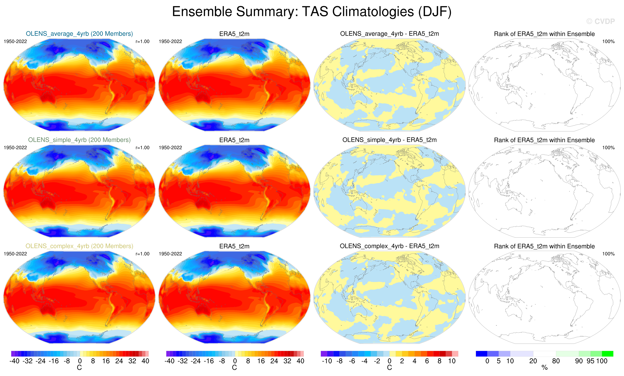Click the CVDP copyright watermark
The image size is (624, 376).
point(600,21)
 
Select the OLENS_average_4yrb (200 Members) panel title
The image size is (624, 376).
point(79,34)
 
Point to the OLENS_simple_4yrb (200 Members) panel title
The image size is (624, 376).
point(79,140)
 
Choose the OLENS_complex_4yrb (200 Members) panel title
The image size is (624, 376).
point(79,246)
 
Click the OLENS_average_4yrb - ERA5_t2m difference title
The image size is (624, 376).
point(389,34)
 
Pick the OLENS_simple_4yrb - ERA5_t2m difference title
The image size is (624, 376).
point(389,140)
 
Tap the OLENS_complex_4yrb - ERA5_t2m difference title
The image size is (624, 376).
point(389,246)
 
